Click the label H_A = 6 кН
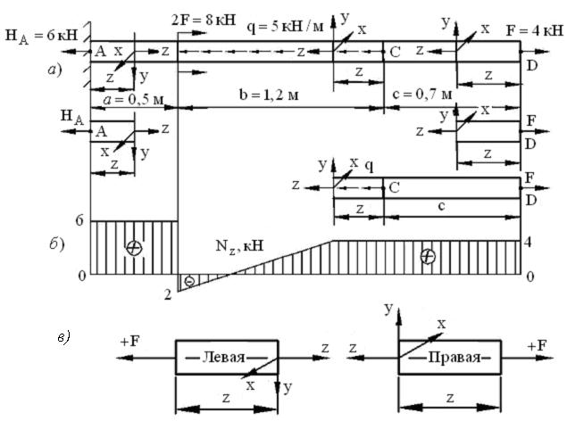click(42, 36)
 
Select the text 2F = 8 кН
click(204, 20)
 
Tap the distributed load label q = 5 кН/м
click(285, 26)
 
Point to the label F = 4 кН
click(535, 30)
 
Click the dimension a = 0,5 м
click(133, 99)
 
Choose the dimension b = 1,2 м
click(269, 95)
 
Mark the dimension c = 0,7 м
click(421, 95)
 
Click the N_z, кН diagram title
click(239, 246)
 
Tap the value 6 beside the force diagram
click(79, 220)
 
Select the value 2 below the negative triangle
click(168, 295)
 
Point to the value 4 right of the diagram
click(528, 243)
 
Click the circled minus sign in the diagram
click(189, 281)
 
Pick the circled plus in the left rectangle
click(134, 248)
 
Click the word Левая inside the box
click(223, 358)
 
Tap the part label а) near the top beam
click(55, 70)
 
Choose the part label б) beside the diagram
click(57, 244)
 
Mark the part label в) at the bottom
click(64, 338)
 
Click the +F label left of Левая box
click(129, 342)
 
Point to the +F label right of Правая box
click(538, 346)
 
